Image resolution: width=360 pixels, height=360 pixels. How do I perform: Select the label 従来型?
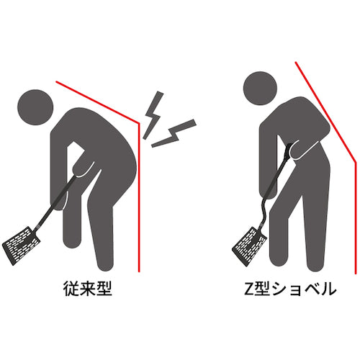click(88, 289)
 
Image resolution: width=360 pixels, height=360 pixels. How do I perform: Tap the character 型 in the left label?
click(106, 289)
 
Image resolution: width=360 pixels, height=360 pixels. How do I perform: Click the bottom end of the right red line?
click(355, 273)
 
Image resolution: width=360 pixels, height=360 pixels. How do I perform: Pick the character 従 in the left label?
click(70, 289)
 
